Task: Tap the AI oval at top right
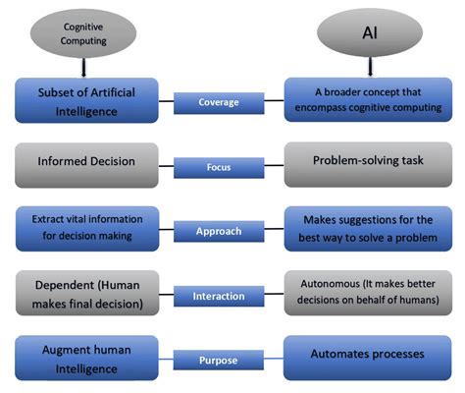coord(368,32)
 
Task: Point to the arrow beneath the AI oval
coord(368,67)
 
